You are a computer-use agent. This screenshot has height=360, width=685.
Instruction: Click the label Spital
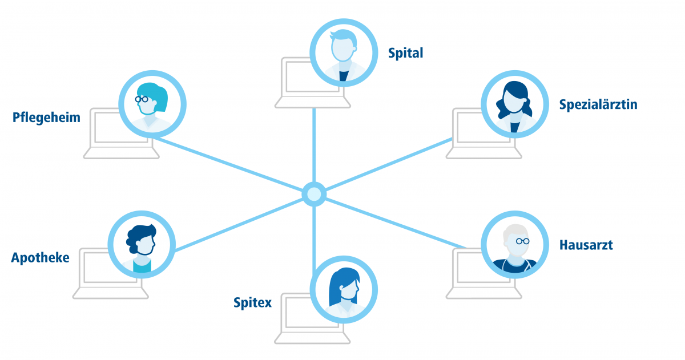[405, 54]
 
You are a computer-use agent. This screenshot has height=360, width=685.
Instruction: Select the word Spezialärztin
[598, 105]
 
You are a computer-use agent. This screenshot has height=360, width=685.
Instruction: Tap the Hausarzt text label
[586, 245]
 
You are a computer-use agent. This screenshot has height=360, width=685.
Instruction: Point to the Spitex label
[252, 302]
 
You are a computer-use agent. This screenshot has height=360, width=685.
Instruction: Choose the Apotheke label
[40, 258]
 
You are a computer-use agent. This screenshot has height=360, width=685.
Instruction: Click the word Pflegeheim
[46, 118]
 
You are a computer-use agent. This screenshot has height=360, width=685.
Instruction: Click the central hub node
[313, 194]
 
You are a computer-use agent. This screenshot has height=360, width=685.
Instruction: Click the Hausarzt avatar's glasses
[522, 241]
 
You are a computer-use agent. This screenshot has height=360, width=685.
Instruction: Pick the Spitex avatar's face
[345, 293]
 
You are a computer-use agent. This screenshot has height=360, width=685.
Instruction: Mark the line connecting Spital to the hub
[313, 143]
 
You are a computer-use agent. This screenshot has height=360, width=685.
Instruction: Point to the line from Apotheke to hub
[240, 224]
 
